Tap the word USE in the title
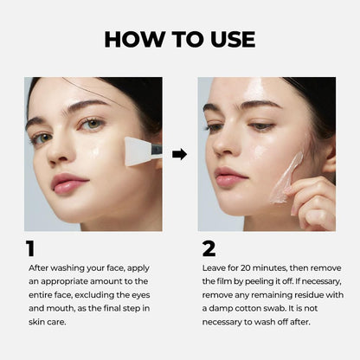226,39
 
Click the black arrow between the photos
179,154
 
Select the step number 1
30,249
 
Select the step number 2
209,249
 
